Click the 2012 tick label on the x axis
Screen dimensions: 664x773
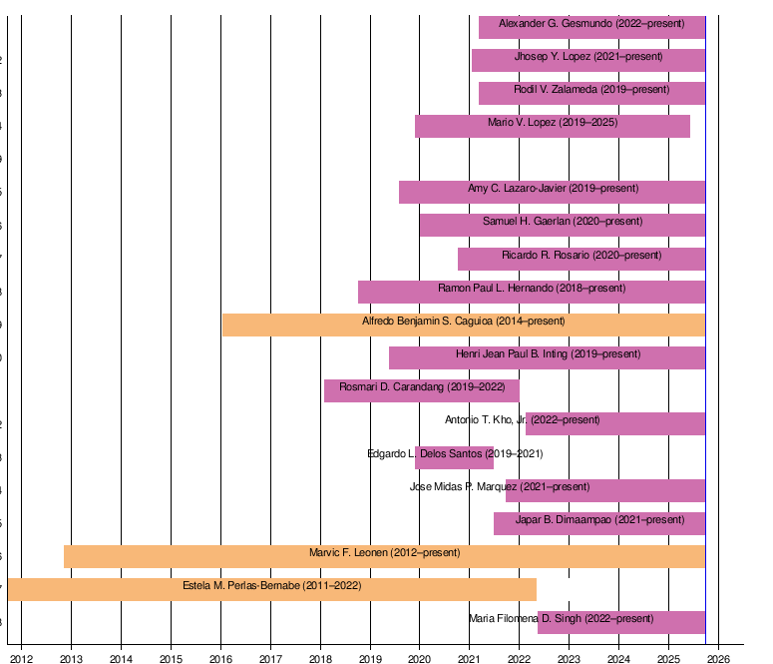click(22, 659)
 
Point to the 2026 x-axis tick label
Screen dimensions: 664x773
click(718, 659)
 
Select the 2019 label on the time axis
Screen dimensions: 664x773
click(370, 659)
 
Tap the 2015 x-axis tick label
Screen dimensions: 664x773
click(171, 659)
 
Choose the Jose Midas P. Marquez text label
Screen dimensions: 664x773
click(500, 487)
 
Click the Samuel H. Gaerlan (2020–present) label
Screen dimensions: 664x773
click(563, 222)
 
